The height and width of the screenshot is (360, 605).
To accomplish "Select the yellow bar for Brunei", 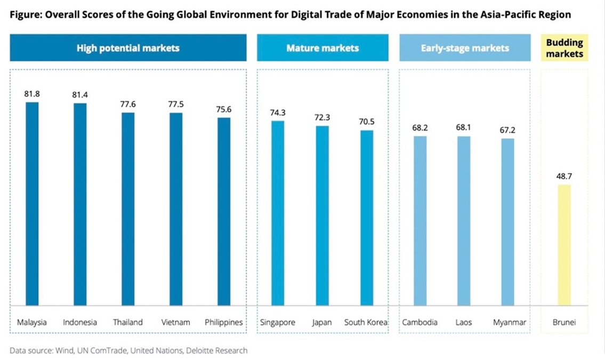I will [564, 245].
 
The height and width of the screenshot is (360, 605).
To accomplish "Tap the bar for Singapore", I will [278, 213].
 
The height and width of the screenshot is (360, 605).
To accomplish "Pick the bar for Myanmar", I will [508, 222].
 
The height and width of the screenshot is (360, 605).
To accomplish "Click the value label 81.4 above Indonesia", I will [80, 94].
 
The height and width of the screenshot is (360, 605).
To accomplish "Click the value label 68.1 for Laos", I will [464, 127].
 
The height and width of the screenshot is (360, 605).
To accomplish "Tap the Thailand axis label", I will [128, 322].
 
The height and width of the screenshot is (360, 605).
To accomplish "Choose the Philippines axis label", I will [224, 322].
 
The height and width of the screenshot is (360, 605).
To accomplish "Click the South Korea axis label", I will [366, 322].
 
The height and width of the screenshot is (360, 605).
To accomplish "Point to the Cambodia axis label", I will [420, 322].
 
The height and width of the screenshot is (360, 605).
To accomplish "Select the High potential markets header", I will [128, 48].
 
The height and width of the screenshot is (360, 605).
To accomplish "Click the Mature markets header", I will [322, 48].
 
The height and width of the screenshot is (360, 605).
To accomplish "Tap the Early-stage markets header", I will [464, 48].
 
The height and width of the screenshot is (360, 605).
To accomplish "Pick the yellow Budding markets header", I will [564, 48].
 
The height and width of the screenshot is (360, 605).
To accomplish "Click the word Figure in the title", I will [23, 15].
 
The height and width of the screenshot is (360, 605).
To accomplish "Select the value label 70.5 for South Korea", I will [367, 122].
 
